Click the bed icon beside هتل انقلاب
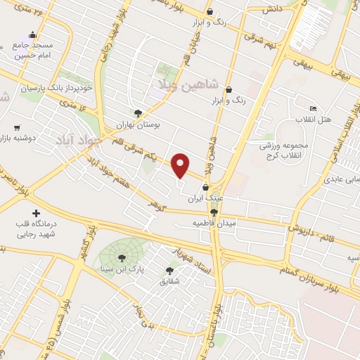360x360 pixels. point(313,108)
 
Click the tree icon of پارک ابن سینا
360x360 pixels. point(122,257)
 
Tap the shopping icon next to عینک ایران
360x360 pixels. point(205,188)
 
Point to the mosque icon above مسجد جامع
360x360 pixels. point(32,35)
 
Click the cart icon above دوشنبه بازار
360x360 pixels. point(16,129)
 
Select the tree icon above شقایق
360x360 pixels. point(169,270)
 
